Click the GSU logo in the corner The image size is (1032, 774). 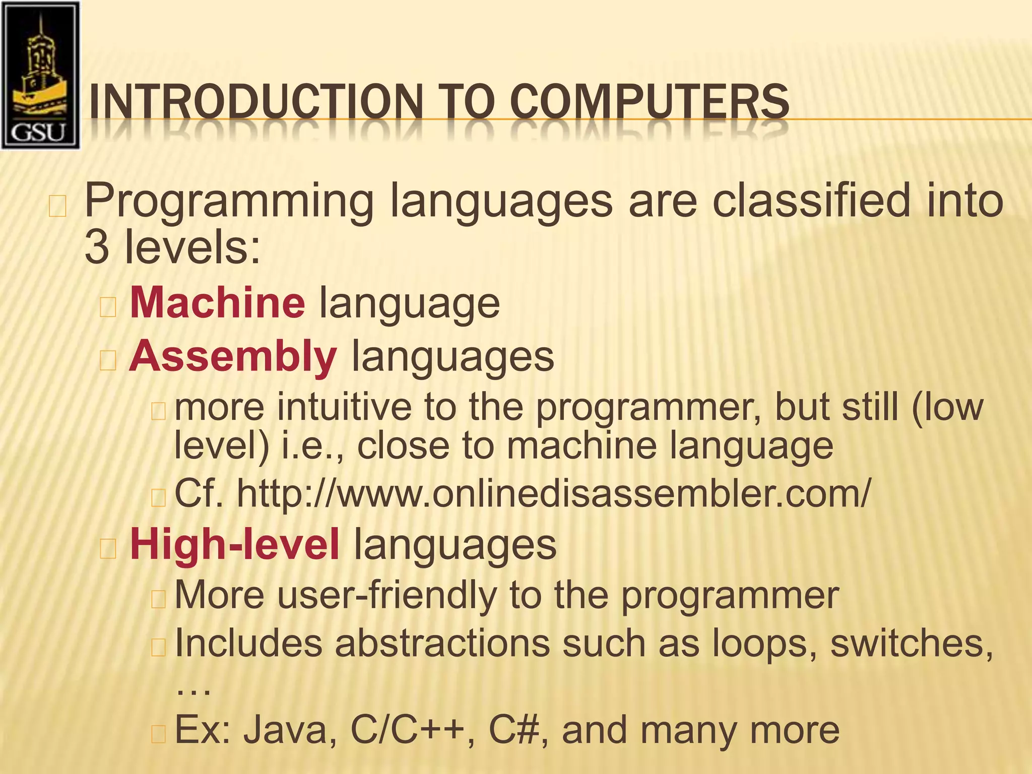click(x=40, y=75)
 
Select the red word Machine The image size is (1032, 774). click(x=217, y=303)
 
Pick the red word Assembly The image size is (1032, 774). click(x=233, y=356)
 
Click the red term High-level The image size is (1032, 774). click(x=235, y=545)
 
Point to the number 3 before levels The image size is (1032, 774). click(x=96, y=247)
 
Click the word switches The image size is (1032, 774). click(x=911, y=643)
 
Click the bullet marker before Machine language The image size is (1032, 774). click(x=108, y=306)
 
